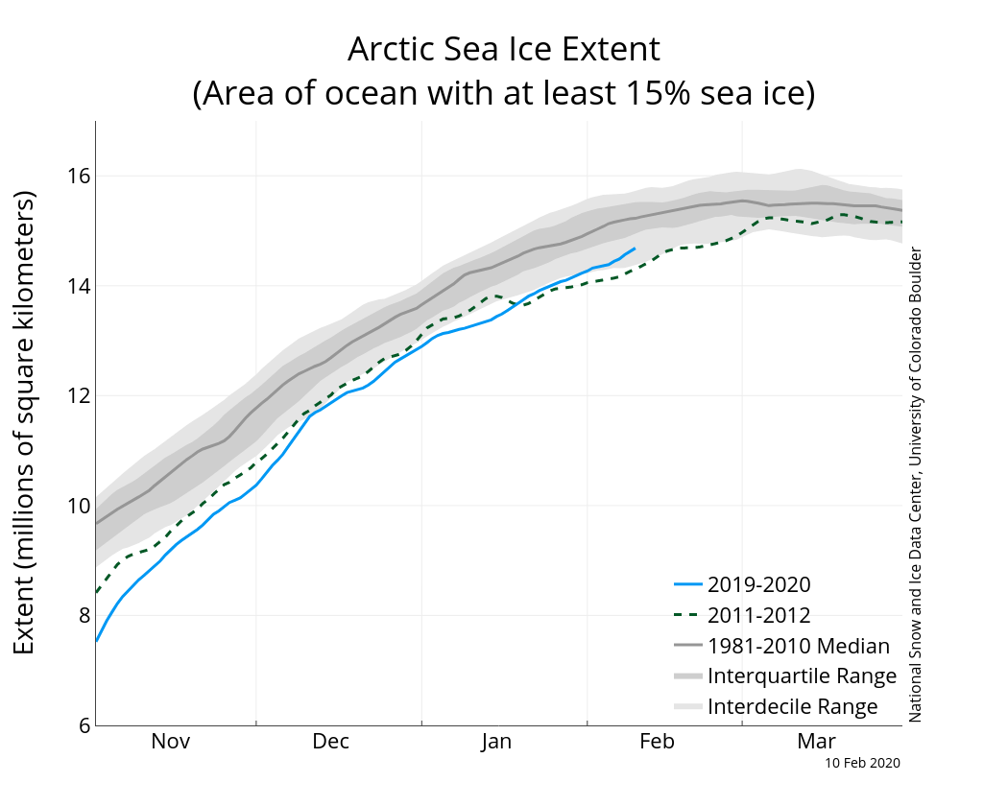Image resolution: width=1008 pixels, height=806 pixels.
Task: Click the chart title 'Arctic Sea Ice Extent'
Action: (x=503, y=49)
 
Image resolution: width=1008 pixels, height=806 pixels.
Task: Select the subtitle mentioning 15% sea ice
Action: (x=503, y=94)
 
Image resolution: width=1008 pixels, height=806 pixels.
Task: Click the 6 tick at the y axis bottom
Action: (x=83, y=725)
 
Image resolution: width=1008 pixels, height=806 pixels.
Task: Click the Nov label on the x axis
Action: (x=171, y=742)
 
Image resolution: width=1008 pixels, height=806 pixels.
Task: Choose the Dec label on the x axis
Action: (x=330, y=742)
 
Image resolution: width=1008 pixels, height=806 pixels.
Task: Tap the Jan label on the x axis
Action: (x=495, y=742)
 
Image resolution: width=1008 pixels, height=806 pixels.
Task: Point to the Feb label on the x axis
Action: (x=657, y=742)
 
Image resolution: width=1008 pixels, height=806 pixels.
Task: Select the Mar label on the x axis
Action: (x=817, y=742)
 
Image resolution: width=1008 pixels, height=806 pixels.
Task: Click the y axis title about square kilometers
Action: (x=25, y=422)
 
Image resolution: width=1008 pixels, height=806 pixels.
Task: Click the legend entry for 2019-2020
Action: (x=758, y=584)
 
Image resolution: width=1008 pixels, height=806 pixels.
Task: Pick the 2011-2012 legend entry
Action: (x=758, y=615)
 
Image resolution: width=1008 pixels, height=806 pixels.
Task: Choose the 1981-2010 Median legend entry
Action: (x=798, y=646)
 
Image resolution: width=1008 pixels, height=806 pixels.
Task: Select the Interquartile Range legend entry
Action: (x=802, y=676)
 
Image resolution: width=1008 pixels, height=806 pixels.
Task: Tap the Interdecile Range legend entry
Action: (x=792, y=707)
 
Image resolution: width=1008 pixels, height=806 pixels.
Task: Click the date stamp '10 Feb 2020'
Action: (x=862, y=763)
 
